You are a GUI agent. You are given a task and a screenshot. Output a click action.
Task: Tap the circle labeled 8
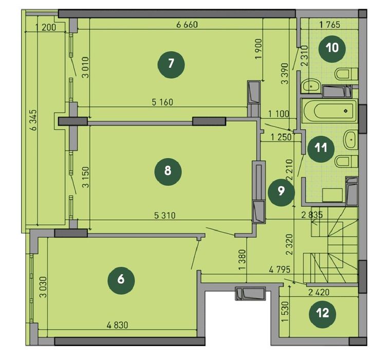(x=168, y=170)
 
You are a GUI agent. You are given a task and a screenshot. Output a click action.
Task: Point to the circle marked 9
(x=281, y=192)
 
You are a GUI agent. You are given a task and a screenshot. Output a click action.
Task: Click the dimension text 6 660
(x=187, y=24)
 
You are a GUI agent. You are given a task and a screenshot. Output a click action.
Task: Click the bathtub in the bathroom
(x=329, y=110)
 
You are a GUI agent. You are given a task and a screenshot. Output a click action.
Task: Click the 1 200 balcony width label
(x=46, y=28)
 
